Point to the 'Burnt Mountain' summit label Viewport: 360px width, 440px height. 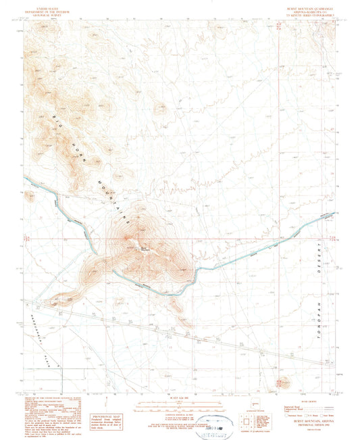[145, 246]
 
